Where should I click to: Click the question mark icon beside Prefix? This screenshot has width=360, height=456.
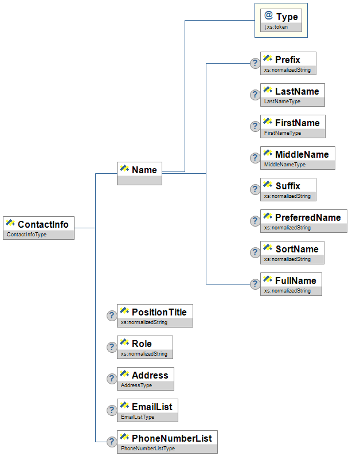(255, 63)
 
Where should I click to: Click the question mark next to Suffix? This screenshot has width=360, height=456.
(255, 189)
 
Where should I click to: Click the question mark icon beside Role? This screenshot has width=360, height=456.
(112, 347)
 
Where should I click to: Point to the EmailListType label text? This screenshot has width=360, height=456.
(137, 417)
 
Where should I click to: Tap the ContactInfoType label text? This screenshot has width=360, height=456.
(26, 235)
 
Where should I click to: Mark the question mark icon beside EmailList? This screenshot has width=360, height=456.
(112, 410)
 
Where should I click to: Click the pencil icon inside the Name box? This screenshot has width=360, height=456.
(124, 169)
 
